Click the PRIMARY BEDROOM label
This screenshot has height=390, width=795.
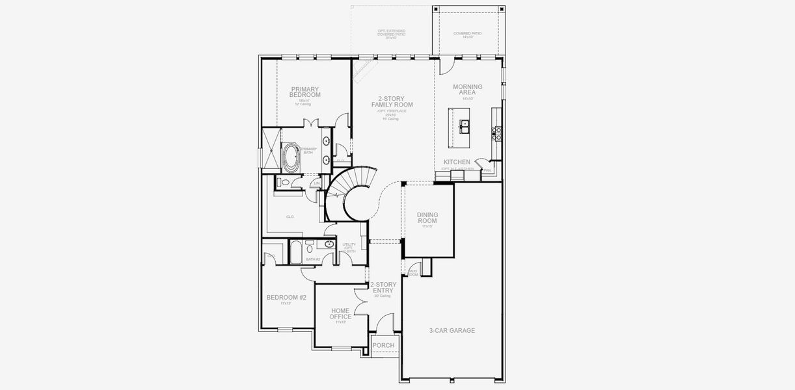305,92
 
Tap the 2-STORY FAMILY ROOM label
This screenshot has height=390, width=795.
392,101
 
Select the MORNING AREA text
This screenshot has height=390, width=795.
467,90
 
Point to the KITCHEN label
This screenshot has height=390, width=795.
457,162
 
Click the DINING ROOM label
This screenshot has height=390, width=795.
427,218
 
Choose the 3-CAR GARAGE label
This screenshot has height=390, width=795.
451,331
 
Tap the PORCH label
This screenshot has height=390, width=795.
383,345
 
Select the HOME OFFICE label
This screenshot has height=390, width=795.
341,314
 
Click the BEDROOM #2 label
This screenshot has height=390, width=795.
286,298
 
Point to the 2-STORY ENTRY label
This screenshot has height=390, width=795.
383,288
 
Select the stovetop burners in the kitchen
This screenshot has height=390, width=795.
498,133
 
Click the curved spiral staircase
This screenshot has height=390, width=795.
349,195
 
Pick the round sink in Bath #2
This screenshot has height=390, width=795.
329,245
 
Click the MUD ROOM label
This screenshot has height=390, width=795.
412,272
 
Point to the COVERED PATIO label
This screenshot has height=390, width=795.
467,34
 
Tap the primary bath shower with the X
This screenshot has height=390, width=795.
270,148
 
